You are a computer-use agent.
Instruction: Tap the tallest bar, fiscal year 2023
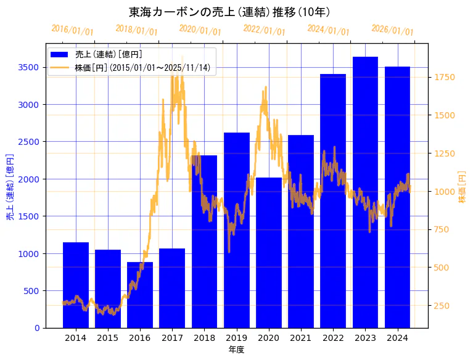(x=365, y=192)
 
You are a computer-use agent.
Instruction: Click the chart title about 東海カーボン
(x=229, y=12)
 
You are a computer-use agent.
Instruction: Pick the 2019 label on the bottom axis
(x=236, y=338)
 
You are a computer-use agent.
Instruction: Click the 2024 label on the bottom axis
(x=397, y=338)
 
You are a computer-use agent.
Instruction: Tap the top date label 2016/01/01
(x=73, y=30)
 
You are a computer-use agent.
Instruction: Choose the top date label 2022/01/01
(x=265, y=30)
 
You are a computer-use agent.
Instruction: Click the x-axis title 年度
(x=236, y=350)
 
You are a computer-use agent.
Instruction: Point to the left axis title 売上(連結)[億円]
(x=10, y=187)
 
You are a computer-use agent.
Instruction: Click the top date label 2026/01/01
(x=393, y=30)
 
